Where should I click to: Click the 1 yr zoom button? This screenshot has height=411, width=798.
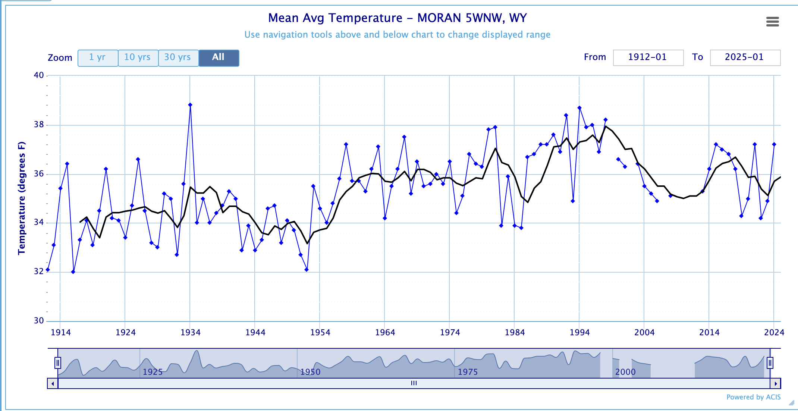point(98,58)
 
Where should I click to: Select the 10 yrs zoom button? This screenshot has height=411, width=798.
point(138,58)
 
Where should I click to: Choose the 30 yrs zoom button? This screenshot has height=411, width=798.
point(178,58)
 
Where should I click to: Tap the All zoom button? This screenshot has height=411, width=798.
point(219,58)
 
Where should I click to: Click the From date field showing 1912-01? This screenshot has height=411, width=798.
point(648,57)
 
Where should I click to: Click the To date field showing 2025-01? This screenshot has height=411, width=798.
point(745,57)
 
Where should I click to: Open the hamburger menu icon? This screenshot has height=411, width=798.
point(772,22)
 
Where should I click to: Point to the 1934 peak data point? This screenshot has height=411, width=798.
point(190,105)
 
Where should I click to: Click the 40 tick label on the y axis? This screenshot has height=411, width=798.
point(39,75)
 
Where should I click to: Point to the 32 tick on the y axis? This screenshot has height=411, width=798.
point(39,271)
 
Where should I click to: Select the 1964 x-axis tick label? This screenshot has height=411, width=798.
point(385,332)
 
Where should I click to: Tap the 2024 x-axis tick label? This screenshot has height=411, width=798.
point(774,332)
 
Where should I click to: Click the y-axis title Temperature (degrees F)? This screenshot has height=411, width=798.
point(22,198)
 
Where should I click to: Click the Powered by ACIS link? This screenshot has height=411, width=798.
point(753,397)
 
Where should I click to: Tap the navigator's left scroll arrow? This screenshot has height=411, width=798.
point(53,383)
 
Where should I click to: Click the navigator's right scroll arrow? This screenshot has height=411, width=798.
point(776,383)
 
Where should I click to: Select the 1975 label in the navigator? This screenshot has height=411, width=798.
point(468,372)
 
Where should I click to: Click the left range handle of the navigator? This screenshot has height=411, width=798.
point(58,363)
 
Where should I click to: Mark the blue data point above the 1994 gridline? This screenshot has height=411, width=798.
point(579,108)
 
